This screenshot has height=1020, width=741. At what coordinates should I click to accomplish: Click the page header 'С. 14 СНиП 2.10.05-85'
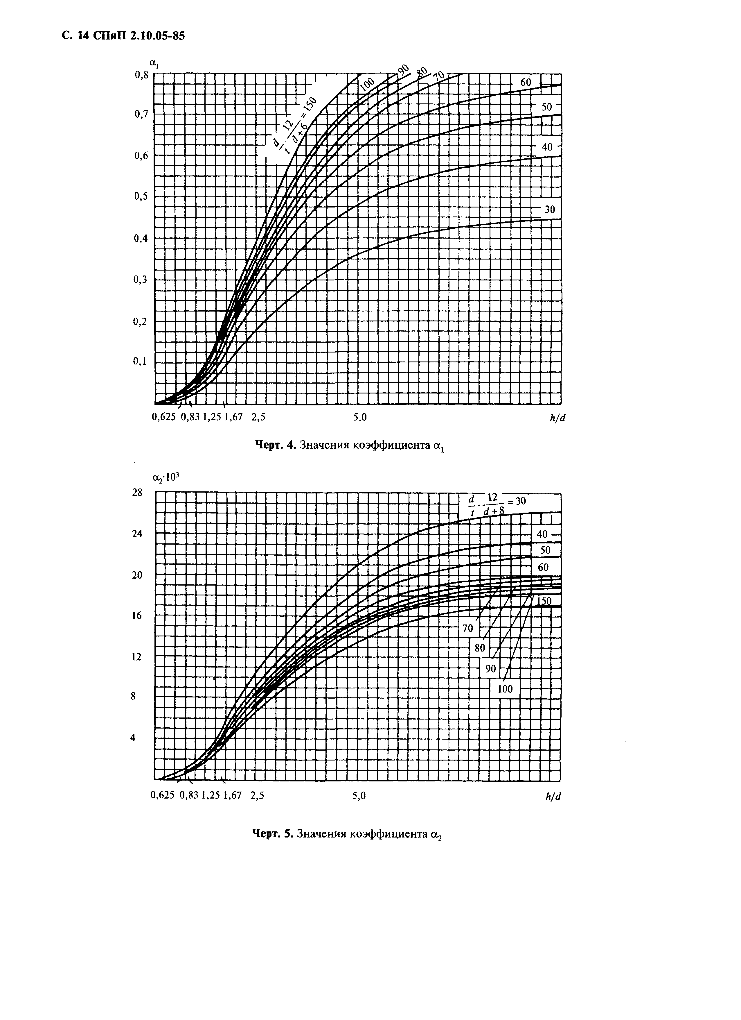[123, 36]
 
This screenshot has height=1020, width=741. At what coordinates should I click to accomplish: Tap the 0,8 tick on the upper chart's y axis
[141, 76]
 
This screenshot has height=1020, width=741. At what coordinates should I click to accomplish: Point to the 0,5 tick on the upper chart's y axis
[141, 196]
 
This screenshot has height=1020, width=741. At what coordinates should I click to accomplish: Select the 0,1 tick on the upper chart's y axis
[141, 362]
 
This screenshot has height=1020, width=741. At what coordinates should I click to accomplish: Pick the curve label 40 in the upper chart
[547, 147]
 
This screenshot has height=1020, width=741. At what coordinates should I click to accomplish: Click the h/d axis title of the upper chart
[557, 418]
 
